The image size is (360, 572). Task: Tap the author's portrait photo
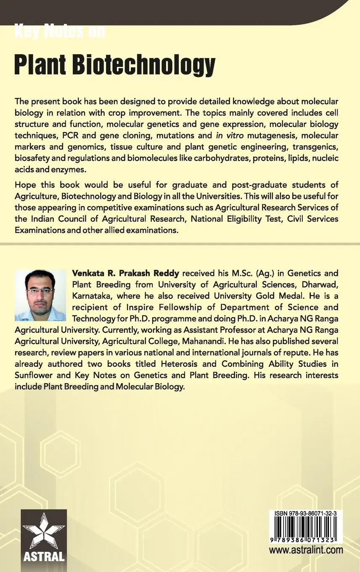click(40, 295)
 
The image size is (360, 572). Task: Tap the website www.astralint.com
click(306, 550)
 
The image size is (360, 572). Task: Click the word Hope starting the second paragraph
click(24, 185)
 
